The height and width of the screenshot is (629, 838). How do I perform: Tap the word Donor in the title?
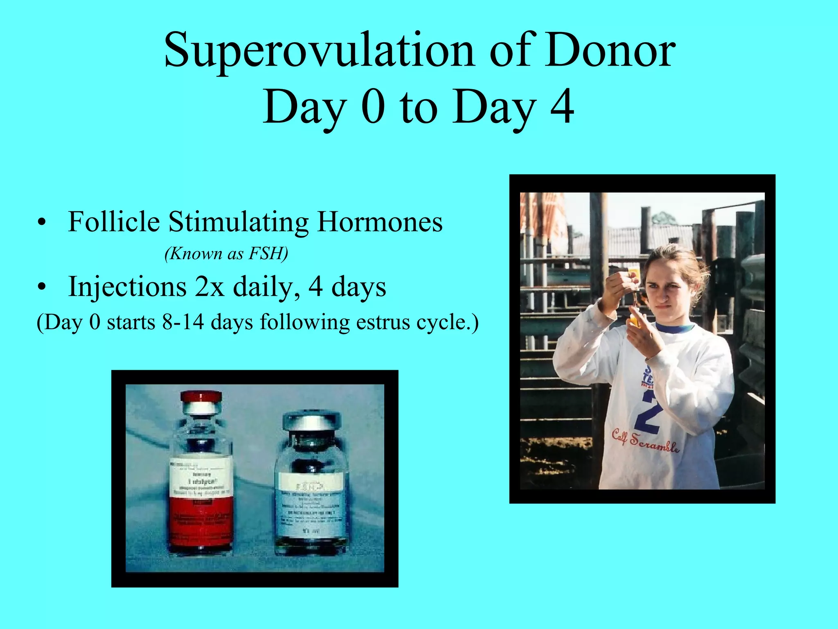[x=610, y=51]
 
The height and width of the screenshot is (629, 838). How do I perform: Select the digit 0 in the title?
[x=374, y=107]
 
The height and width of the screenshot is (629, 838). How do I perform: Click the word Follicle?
[x=114, y=222]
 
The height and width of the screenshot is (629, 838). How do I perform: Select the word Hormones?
[x=380, y=222]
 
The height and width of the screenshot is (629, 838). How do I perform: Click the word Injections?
[x=127, y=287]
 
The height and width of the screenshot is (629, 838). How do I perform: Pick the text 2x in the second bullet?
[x=209, y=287]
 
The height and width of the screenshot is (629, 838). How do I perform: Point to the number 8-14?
[x=183, y=322]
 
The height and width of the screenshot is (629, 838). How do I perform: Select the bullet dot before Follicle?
[x=41, y=224]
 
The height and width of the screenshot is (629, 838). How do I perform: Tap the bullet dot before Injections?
[x=41, y=288]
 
